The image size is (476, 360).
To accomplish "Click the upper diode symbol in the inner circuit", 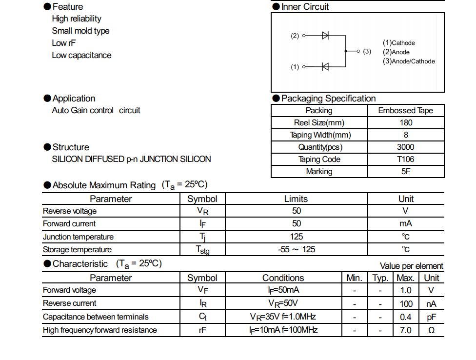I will coord(325,36).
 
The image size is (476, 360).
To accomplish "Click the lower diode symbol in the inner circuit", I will coord(325,67).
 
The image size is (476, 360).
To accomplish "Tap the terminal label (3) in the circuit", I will coord(367,51).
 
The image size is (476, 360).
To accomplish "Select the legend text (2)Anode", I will coord(396,52).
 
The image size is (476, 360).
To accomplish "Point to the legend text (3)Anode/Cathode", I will coord(409,61).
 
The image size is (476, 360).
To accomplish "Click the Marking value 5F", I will coord(406,172).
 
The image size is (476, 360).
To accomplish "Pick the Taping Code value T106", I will coord(406,160).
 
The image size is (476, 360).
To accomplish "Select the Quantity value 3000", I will coord(406,147).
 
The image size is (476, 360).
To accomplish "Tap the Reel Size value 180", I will coord(406,123).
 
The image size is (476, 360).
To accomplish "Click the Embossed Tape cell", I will coord(406,111).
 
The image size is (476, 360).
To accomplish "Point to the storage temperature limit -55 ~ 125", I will coord(297,250).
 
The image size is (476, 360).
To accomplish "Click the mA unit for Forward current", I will coord(406,224).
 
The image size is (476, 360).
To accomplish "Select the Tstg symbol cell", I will coord(202,250).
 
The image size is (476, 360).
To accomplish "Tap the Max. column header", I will coord(405,278).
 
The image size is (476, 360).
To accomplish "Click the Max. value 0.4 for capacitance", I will coord(405,317).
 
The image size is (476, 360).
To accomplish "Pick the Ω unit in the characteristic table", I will coord(431,331).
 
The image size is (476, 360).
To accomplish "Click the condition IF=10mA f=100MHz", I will coord(283,330).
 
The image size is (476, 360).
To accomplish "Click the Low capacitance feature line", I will coord(81,56).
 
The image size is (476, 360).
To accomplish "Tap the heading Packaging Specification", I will coord(328,99).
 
